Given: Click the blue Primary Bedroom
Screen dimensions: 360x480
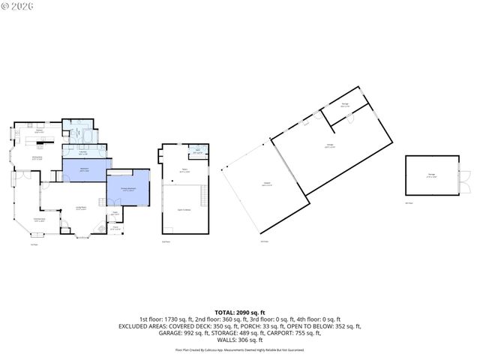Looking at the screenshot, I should [129, 189].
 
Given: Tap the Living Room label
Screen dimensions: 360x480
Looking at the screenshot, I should [81, 208].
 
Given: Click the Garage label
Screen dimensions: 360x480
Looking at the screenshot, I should [330, 145].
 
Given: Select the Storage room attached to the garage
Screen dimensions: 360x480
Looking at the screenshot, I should [344, 105].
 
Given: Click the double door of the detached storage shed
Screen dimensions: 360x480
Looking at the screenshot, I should [462, 180].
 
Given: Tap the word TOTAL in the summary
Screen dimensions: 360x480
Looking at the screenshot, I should [225, 312].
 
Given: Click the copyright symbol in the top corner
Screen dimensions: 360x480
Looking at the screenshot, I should [7, 7].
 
